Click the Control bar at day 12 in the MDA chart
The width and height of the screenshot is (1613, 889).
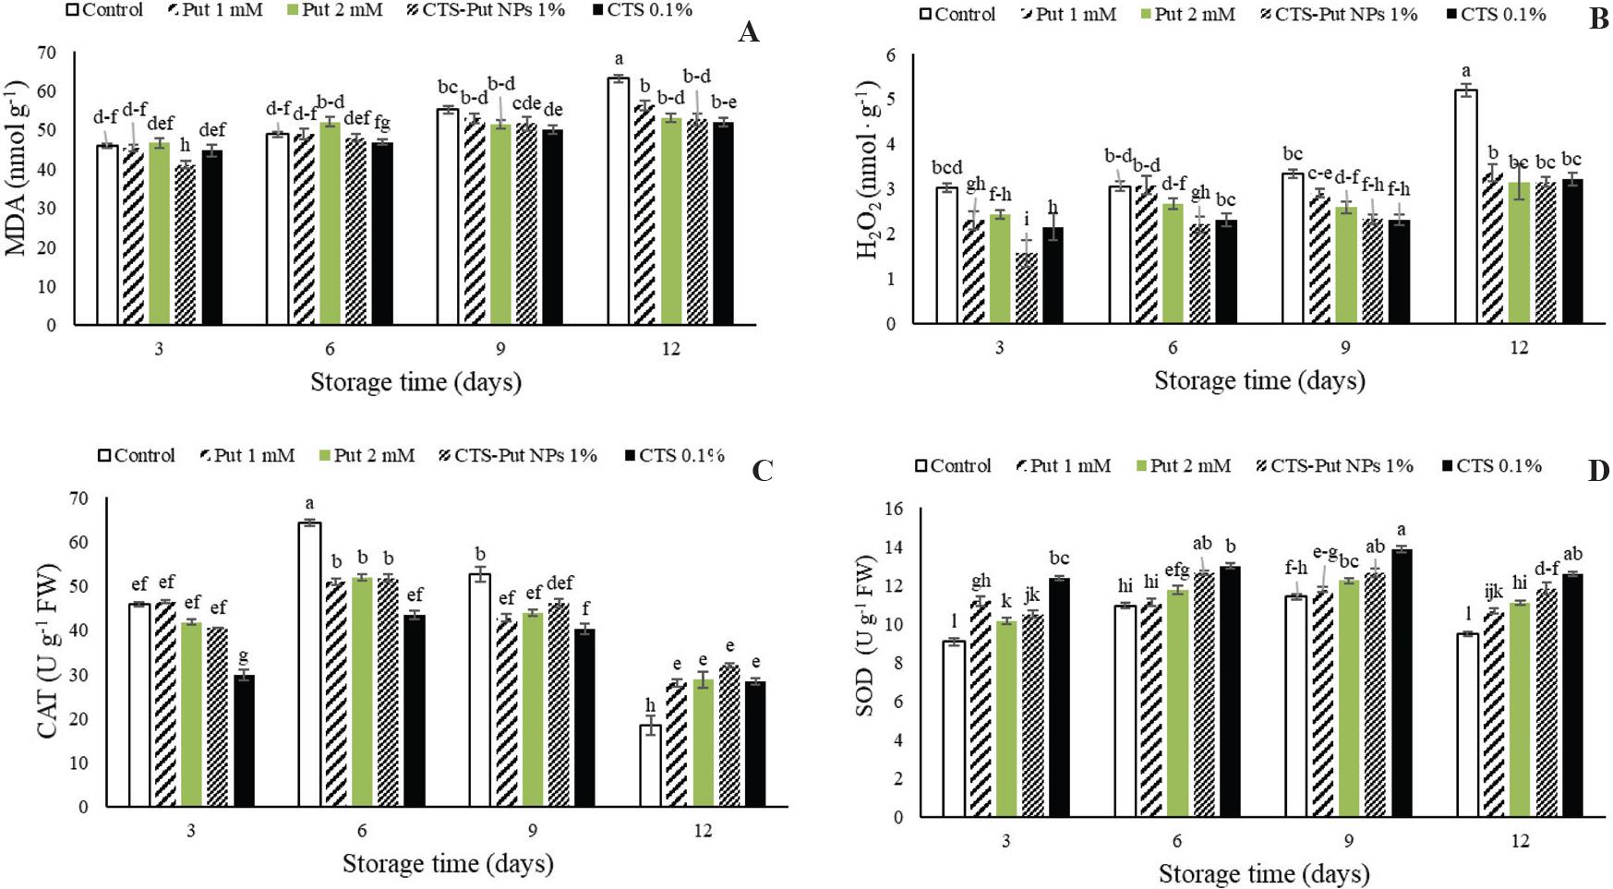(x=618, y=201)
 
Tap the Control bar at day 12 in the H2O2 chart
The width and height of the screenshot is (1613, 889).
(x=1465, y=207)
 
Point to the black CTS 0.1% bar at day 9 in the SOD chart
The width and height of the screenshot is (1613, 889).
(x=1402, y=683)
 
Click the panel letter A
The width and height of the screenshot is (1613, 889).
(x=749, y=34)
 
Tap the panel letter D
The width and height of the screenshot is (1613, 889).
(x=1598, y=472)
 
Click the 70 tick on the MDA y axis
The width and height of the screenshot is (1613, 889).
(x=46, y=53)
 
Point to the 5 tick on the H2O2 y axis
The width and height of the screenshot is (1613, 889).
(x=890, y=100)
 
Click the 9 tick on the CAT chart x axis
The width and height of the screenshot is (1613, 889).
(x=533, y=831)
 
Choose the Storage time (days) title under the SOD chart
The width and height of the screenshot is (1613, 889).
(x=1263, y=873)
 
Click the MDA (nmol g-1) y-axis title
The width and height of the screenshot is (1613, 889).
(x=18, y=168)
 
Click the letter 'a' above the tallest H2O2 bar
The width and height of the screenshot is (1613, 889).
(x=1465, y=71)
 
